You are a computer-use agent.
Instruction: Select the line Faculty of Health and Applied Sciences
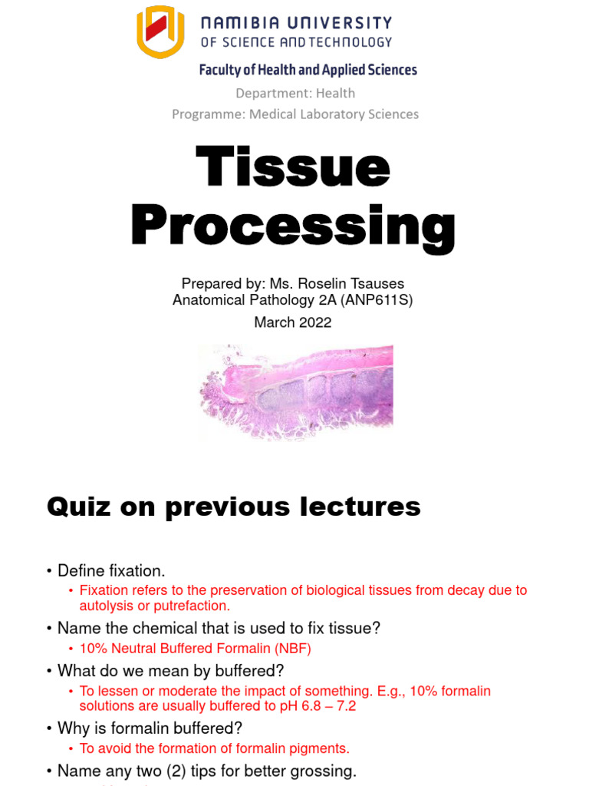(308, 70)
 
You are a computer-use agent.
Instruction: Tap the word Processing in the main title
(294, 226)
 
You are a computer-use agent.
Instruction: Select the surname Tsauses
(378, 283)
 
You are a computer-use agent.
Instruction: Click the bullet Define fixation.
(111, 571)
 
